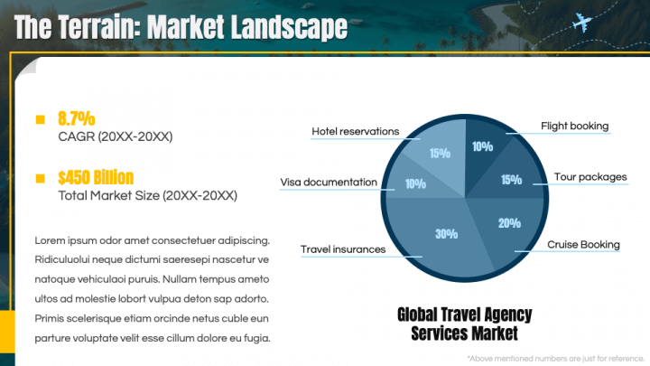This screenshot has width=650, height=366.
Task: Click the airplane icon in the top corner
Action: pos(582,22)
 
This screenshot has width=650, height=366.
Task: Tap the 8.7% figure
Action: pos(76,118)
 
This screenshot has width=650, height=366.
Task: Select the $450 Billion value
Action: pos(96,177)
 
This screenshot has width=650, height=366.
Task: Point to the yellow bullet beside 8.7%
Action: pos(40,119)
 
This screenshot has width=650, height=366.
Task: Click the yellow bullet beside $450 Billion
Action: pos(40,178)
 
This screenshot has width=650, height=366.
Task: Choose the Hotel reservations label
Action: pos(355,132)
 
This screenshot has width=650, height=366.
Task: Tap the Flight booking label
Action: pos(574,126)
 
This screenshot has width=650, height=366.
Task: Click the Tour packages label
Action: pos(590,177)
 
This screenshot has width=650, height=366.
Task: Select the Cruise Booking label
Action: pos(583,244)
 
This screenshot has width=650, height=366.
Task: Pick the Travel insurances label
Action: pos(342,249)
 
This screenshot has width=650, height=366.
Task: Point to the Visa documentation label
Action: pos(329,183)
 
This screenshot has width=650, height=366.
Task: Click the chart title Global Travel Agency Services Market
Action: pos(464,324)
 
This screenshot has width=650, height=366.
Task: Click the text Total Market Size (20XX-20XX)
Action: pos(147,195)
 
